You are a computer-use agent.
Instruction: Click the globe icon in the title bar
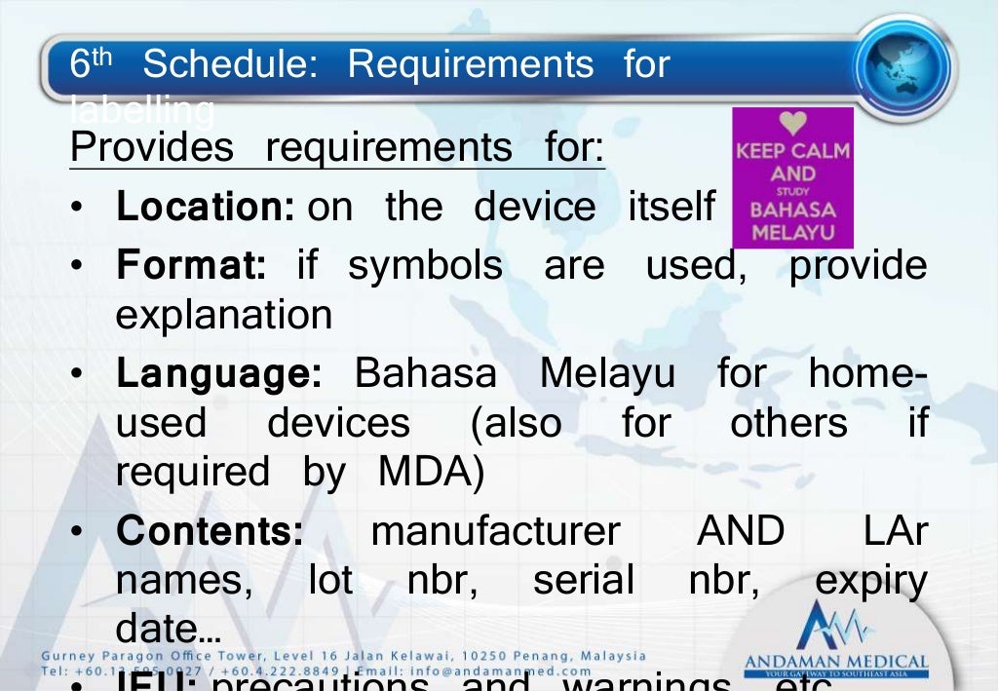(902, 67)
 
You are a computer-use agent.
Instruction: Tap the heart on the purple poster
(792, 124)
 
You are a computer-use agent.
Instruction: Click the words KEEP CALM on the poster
(792, 151)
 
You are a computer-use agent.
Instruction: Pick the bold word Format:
(190, 265)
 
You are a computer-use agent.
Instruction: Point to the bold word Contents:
(210, 531)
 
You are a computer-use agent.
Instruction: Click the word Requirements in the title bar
(470, 65)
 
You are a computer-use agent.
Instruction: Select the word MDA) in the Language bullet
(431, 472)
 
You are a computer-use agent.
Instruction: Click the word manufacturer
(495, 531)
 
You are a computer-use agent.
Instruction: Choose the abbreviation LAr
(896, 531)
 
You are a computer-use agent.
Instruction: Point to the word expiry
(870, 582)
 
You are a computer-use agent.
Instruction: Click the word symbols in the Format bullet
(425, 265)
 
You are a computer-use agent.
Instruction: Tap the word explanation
(224, 315)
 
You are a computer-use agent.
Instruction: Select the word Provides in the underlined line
(152, 148)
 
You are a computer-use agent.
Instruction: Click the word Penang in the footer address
(545, 656)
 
